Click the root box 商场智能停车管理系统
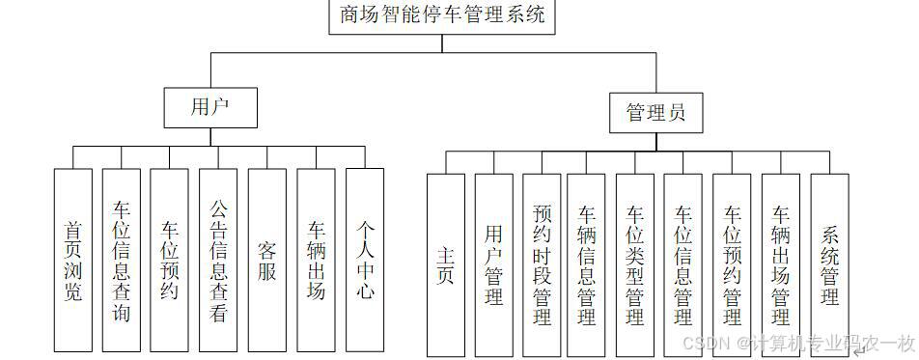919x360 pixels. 442,16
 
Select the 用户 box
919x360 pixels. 210,107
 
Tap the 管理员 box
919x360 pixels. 656,114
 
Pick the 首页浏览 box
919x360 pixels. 73,260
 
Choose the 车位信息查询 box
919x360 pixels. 122,260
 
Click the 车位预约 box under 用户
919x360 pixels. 170,260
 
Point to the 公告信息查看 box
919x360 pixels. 218,260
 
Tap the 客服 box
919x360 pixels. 267,260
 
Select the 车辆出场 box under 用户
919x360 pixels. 317,260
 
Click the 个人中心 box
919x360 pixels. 365,260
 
